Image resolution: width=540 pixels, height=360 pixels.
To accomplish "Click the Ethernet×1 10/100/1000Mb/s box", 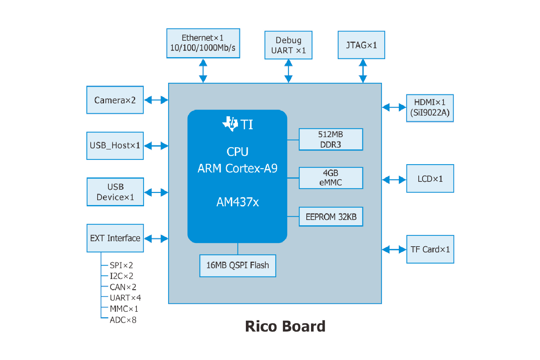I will click(203, 43).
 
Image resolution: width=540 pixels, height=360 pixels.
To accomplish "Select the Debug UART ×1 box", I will click(288, 45).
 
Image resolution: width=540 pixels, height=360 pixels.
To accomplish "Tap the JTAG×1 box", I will click(361, 45).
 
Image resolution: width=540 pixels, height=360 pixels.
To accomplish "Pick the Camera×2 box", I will click(115, 100).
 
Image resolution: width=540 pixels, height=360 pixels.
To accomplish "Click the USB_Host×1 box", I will click(115, 146).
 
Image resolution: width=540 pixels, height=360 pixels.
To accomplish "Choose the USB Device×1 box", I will click(115, 192).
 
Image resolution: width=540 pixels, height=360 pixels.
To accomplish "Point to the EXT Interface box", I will click(115, 238).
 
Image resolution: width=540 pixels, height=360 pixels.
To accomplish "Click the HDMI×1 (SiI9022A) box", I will click(430, 108).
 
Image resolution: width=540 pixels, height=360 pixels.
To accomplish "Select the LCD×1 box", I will click(430, 179).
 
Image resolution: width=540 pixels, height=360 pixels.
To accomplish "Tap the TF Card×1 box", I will click(430, 249).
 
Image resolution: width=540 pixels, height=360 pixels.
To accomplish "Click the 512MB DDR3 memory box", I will click(330, 139).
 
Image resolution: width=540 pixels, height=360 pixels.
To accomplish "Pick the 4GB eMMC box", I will click(330, 178).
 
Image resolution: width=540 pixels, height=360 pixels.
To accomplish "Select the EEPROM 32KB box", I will click(331, 217).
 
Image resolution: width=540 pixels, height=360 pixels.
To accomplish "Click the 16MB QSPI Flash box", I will click(238, 266).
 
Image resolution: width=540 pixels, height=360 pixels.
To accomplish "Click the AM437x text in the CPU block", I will click(238, 202).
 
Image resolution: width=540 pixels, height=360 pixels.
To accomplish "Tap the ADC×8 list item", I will click(123, 320).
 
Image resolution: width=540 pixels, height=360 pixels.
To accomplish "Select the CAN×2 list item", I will click(123, 287).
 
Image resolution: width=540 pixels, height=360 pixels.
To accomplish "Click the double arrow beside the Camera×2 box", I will click(156, 100).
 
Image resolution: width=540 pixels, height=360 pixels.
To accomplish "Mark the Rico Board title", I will click(285, 327).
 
